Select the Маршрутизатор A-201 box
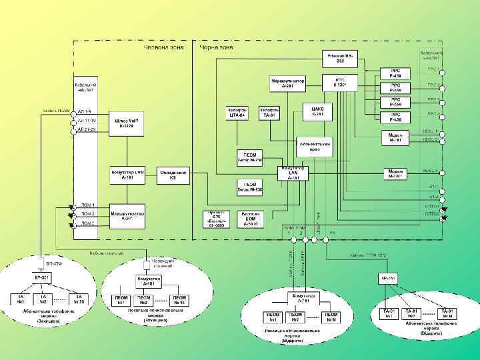coord(288,83)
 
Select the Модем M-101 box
coord(395,137)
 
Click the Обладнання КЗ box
coord(172,175)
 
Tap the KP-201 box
coord(43,276)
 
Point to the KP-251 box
coord(388,278)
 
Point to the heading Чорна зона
coord(215,48)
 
